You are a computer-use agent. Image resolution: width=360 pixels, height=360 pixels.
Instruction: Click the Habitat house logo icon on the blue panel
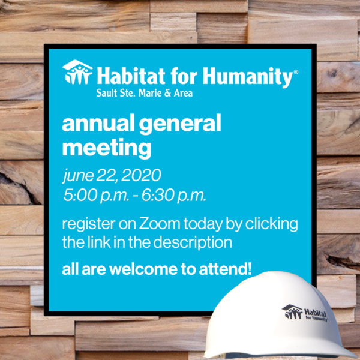pos(77,73)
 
